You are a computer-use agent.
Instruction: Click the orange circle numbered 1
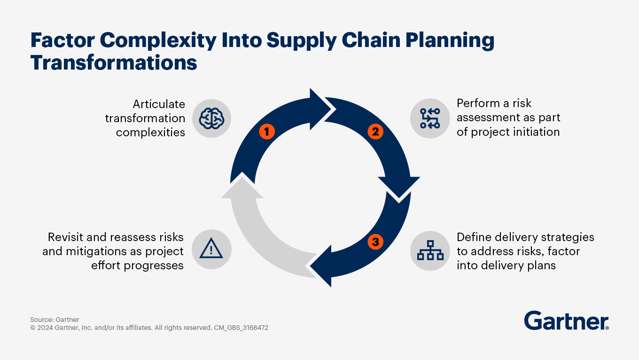tap(266, 132)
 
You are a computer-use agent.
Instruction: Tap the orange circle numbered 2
tap(375, 132)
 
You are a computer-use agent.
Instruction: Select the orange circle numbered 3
tap(375, 242)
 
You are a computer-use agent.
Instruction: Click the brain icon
tap(211, 118)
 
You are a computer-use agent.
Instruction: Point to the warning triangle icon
tap(211, 250)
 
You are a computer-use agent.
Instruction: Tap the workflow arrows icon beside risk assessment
tap(430, 118)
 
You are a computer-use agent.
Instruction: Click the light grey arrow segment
tap(254, 235)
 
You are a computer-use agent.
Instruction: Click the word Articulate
tap(159, 104)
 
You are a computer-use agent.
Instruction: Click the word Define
tap(473, 237)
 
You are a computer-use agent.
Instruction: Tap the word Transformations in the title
tap(114, 63)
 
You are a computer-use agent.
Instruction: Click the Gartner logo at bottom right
tap(567, 321)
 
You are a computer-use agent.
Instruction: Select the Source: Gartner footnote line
tap(55, 320)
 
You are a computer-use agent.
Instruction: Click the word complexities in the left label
tap(150, 132)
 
